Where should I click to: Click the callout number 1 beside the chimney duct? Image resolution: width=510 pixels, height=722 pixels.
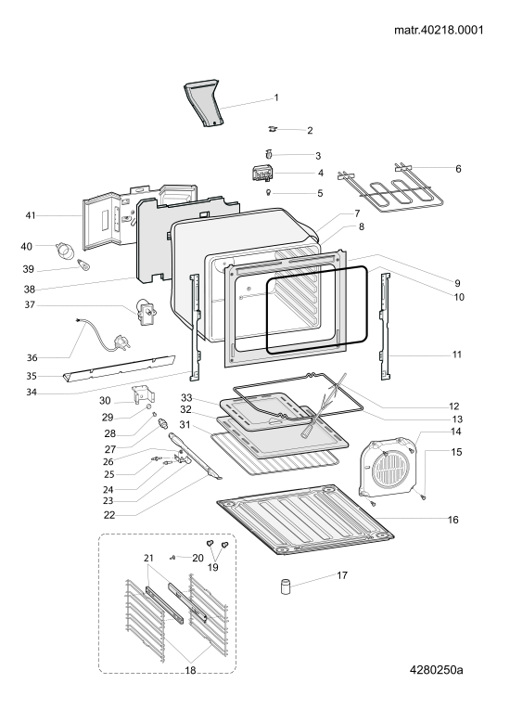(276, 97)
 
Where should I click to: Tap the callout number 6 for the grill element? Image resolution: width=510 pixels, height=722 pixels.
(458, 169)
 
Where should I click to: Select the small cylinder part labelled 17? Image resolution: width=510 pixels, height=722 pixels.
(287, 588)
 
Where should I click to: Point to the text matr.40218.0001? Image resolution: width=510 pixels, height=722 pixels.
(439, 30)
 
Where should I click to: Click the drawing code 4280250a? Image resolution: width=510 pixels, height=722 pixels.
(437, 669)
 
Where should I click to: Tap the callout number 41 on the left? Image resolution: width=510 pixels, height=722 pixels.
(31, 215)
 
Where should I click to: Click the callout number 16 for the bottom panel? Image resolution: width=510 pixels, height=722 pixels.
(453, 520)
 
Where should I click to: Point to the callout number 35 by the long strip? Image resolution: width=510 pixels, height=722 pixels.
(32, 376)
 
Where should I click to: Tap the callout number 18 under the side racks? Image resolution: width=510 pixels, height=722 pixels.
(191, 670)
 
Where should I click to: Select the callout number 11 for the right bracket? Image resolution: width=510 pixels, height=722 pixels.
(456, 355)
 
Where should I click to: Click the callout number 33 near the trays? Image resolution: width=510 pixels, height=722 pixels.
(186, 397)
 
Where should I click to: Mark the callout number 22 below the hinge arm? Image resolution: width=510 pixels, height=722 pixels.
(109, 515)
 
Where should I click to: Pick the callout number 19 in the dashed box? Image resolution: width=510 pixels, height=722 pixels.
(212, 567)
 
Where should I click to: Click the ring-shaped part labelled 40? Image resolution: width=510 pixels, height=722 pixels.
(65, 250)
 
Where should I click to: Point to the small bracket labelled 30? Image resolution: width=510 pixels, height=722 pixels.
(143, 395)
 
